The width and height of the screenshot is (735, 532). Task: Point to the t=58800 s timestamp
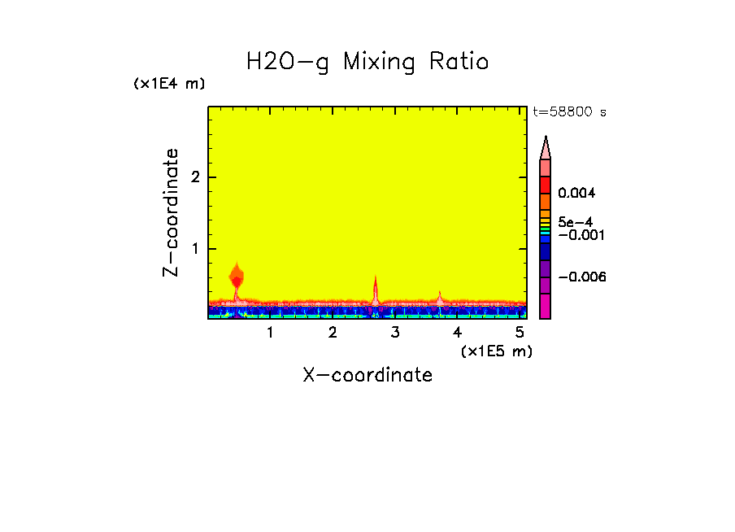pyautogui.click(x=568, y=112)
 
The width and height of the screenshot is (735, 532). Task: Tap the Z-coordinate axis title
pyautogui.click(x=171, y=212)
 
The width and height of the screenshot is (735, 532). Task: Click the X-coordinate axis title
pyautogui.click(x=367, y=375)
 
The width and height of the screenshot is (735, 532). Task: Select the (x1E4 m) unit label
pyautogui.click(x=169, y=84)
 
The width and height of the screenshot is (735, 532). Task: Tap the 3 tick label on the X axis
pyautogui.click(x=395, y=333)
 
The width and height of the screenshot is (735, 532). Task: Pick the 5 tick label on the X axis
pyautogui.click(x=520, y=333)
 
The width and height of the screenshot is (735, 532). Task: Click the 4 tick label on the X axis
pyautogui.click(x=458, y=333)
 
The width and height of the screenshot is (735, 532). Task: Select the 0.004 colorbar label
pyautogui.click(x=576, y=194)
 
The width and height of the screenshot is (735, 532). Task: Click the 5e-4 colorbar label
pyautogui.click(x=575, y=221)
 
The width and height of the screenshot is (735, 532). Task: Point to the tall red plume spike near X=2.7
pyautogui.click(x=376, y=289)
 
